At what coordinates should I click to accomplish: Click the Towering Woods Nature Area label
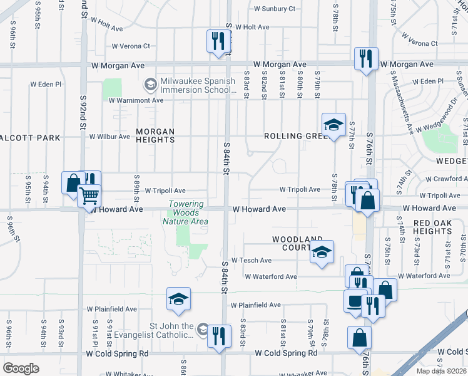coord(186,212)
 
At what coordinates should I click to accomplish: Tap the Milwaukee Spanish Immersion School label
coord(197,86)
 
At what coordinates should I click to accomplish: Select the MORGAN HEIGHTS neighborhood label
coord(155,135)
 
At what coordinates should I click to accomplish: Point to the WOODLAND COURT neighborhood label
coord(297,243)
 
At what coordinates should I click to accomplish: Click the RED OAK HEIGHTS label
coord(432,227)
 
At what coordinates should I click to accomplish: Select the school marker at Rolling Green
coord(333,123)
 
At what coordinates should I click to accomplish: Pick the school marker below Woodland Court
coord(322,251)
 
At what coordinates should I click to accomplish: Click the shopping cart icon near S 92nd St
coord(89,196)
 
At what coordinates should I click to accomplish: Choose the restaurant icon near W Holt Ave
coord(218,41)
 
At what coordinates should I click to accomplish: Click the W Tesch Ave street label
coord(252,260)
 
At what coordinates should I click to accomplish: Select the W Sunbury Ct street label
coord(274,9)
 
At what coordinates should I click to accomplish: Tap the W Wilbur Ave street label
coord(109,137)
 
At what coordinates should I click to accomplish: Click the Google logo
coord(21,368)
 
